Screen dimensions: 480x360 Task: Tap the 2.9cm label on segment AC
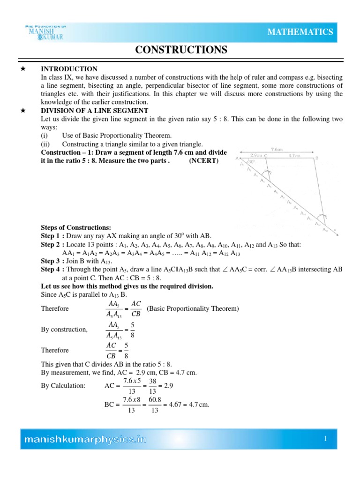click(256, 154)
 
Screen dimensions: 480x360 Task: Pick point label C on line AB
click(266, 155)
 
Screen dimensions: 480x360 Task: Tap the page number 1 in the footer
click(324, 438)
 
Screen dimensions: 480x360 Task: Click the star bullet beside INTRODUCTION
click(22, 69)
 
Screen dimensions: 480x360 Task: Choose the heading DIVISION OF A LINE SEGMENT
click(95, 111)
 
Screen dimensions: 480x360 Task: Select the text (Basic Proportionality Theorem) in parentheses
click(193, 308)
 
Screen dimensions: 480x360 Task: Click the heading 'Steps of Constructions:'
click(76, 227)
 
